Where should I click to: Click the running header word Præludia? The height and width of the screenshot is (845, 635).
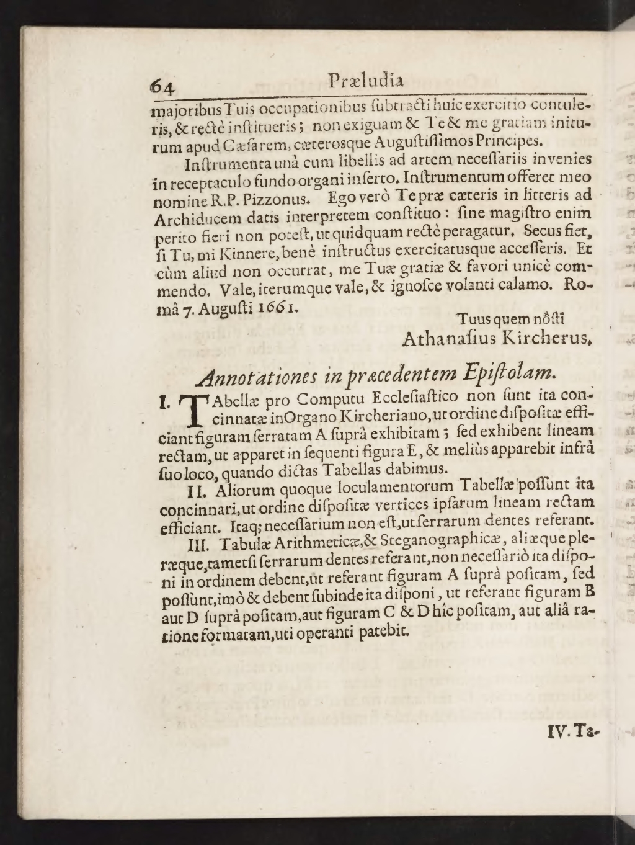[x=366, y=81]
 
